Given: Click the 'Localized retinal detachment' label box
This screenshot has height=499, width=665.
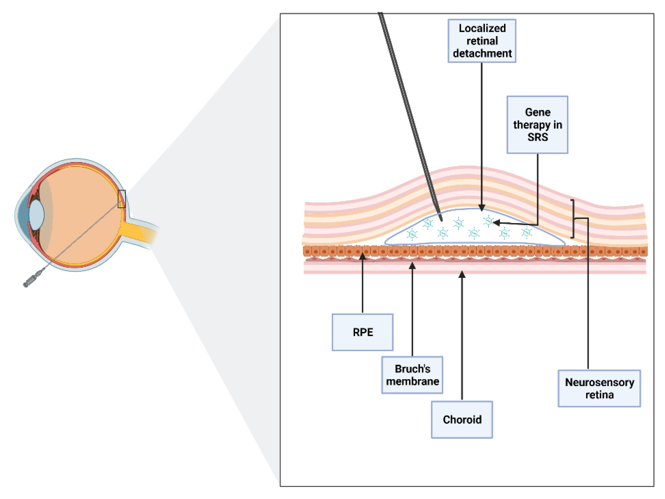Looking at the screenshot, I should pyautogui.click(x=482, y=41).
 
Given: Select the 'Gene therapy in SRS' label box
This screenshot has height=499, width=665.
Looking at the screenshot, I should pyautogui.click(x=537, y=125).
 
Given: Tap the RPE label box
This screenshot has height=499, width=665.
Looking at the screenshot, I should pyautogui.click(x=362, y=332).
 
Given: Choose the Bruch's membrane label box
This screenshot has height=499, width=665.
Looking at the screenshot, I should pyautogui.click(x=412, y=375).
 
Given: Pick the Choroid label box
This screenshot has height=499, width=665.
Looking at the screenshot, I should pyautogui.click(x=462, y=420).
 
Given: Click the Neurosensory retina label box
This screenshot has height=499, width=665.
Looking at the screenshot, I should pyautogui.click(x=599, y=388).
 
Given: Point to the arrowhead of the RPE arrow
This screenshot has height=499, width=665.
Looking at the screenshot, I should pyautogui.click(x=363, y=256).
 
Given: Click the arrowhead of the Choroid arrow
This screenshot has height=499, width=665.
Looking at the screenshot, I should pyautogui.click(x=462, y=274).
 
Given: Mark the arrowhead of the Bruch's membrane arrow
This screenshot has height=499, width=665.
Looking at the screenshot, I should pyautogui.click(x=412, y=266).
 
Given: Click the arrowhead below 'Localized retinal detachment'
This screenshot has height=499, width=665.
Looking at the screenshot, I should pyautogui.click(x=482, y=208).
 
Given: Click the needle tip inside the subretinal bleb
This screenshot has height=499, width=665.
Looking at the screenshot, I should pyautogui.click(x=440, y=219).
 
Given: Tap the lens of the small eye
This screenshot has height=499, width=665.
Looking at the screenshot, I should pyautogui.click(x=36, y=214).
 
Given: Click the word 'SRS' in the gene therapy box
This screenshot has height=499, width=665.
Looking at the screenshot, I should pyautogui.click(x=537, y=137).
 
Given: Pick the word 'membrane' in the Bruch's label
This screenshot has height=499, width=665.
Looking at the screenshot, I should pyautogui.click(x=413, y=381).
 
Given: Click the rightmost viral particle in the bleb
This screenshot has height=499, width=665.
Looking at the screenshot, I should pyautogui.click(x=527, y=232).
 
